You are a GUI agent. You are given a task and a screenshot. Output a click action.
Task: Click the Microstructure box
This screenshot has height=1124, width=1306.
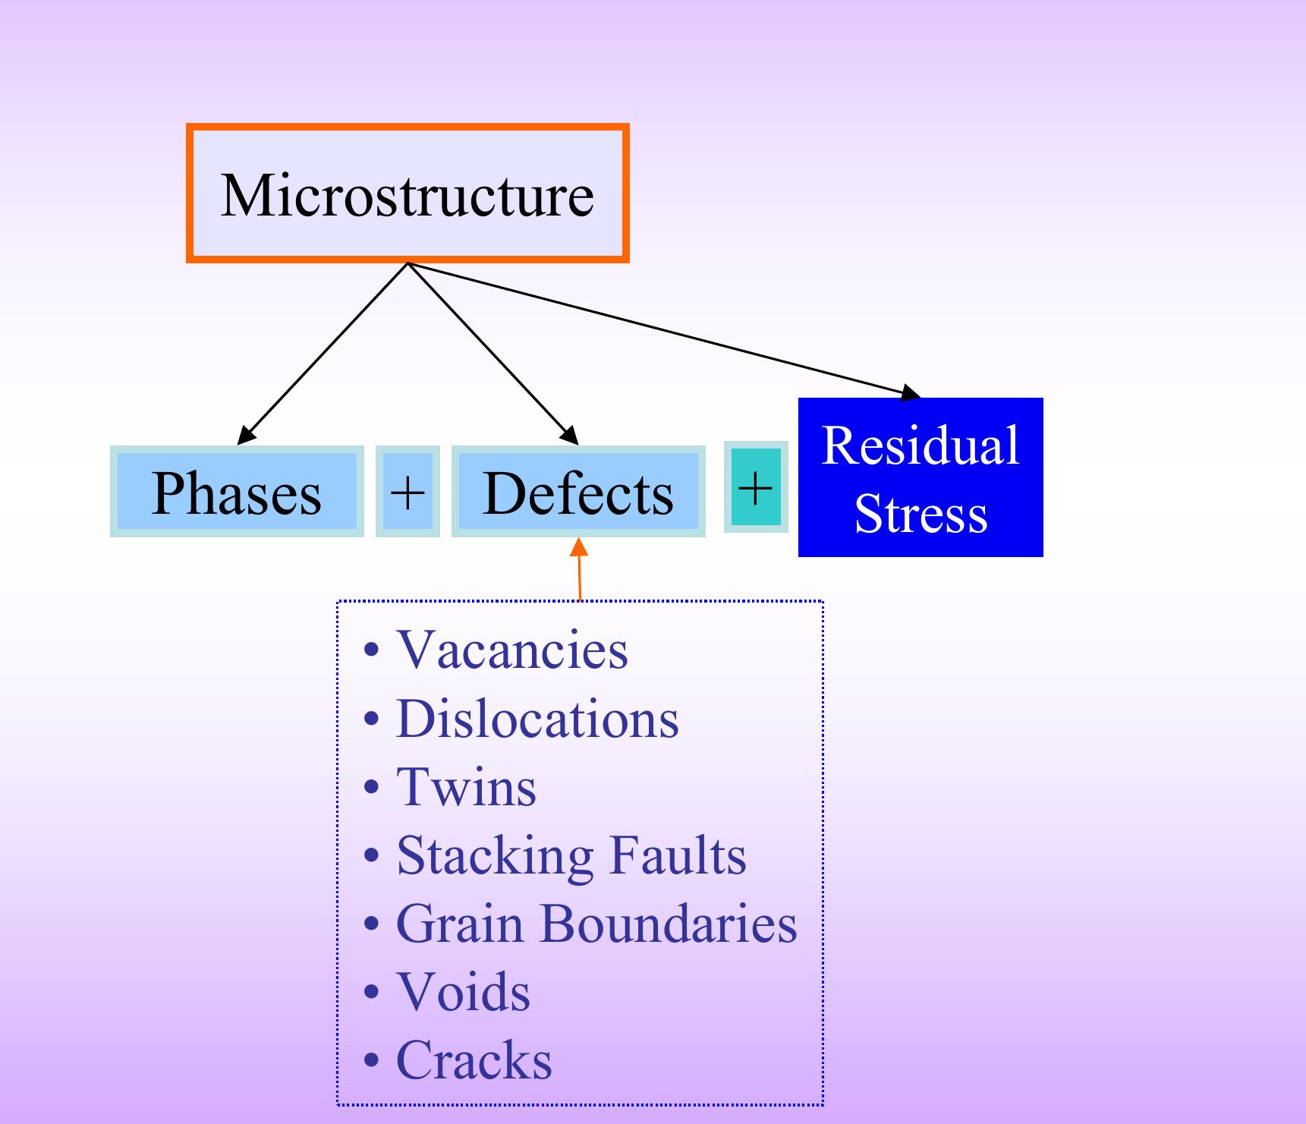pyautogui.click(x=408, y=194)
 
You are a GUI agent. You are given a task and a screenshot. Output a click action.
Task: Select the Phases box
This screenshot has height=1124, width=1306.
pyautogui.click(x=237, y=492)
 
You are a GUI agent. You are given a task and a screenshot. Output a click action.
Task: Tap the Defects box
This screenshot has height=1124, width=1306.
pyautogui.click(x=578, y=492)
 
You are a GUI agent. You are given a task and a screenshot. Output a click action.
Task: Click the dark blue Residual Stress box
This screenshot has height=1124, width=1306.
pyautogui.click(x=920, y=477)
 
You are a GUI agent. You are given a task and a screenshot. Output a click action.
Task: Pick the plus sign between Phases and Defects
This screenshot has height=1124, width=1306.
pyautogui.click(x=408, y=492)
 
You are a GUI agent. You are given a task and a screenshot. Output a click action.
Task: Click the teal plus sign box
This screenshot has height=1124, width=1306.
pyautogui.click(x=756, y=487)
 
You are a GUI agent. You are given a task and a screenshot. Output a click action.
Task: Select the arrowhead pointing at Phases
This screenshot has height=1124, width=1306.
pyautogui.click(x=245, y=436)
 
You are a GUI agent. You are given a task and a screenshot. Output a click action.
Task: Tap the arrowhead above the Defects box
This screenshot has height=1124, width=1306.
pyautogui.click(x=570, y=436)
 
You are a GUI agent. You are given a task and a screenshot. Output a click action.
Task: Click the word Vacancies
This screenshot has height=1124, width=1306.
pyautogui.click(x=512, y=650)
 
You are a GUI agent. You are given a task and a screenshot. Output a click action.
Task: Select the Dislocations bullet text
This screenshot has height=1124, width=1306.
pyautogui.click(x=537, y=719)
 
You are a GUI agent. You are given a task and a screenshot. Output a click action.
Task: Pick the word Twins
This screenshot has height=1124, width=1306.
pyautogui.click(x=466, y=787)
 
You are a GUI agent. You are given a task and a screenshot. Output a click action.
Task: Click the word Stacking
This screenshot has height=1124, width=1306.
pyautogui.click(x=494, y=856)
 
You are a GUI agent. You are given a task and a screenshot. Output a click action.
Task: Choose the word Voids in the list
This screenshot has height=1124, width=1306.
pyautogui.click(x=463, y=992)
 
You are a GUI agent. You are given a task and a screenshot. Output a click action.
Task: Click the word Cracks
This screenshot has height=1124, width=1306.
pyautogui.click(x=474, y=1060)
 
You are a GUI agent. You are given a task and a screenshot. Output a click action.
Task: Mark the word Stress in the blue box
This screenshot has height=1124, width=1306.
pyautogui.click(x=920, y=514)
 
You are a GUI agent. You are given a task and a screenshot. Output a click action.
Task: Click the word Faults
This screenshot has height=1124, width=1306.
pyautogui.click(x=678, y=855)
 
